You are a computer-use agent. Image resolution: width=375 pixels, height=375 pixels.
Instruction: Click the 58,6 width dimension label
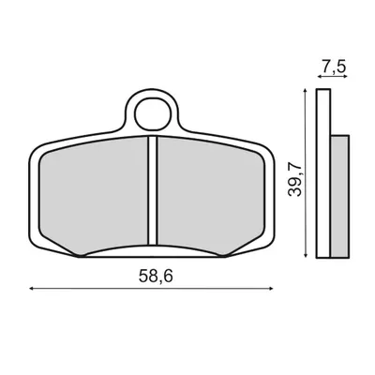(156, 276)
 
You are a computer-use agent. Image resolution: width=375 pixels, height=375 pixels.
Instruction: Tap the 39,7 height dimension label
(295, 179)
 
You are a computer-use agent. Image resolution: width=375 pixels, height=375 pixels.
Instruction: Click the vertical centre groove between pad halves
(152, 190)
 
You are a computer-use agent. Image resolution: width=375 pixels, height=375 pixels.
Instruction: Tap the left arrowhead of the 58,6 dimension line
(31, 289)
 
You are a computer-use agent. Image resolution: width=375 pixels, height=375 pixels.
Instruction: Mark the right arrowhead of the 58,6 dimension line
(271, 289)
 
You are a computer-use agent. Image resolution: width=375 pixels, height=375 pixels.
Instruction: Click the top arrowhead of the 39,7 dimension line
(305, 91)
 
